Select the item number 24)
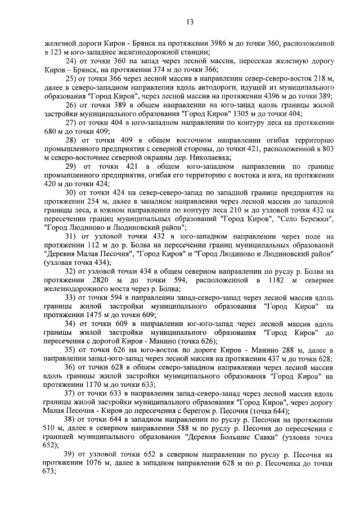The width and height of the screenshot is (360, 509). [x=72, y=61]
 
